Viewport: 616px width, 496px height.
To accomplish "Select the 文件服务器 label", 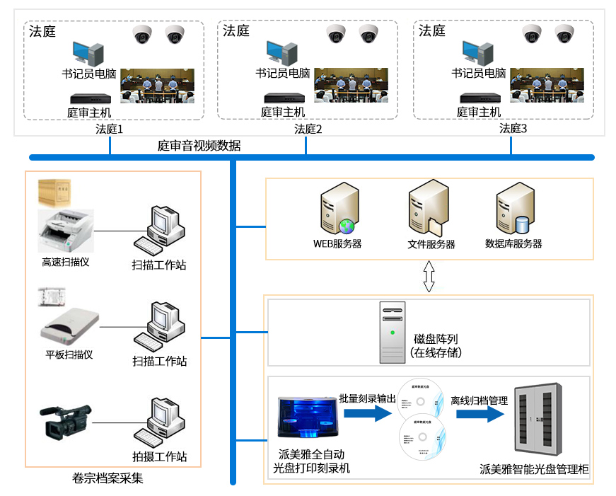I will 431,244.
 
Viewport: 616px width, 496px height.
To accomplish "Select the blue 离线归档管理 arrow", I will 481,414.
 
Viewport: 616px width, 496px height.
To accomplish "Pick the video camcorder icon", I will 66,421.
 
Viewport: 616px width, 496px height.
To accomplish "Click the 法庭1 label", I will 110,129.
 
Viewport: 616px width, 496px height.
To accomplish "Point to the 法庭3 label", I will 513,129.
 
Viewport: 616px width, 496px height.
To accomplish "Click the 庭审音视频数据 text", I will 199,146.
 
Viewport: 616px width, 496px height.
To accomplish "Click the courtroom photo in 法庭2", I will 351,86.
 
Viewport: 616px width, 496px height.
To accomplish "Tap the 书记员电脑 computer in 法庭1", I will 88,52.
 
